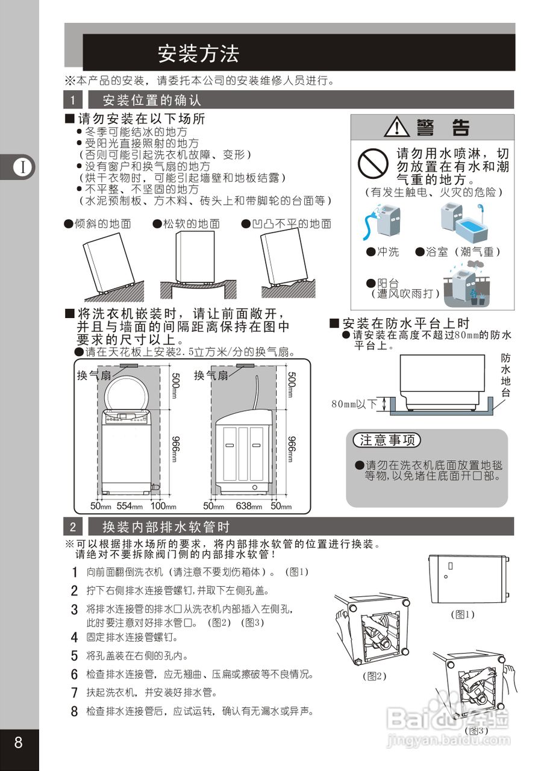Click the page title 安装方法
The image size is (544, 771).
pos(198,54)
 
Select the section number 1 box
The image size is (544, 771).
pos(73,100)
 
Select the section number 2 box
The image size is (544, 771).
pos(73,527)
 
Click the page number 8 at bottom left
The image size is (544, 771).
pos(19,742)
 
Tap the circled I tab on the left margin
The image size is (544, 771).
pos(22,167)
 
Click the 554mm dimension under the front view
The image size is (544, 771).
pos(129,506)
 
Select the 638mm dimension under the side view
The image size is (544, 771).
pos(248,506)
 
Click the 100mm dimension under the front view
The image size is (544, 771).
pos(163,506)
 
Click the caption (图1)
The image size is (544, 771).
pos(463,614)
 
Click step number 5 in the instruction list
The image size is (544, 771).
pos(75,655)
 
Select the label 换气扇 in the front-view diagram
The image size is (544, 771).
pos(94,375)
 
